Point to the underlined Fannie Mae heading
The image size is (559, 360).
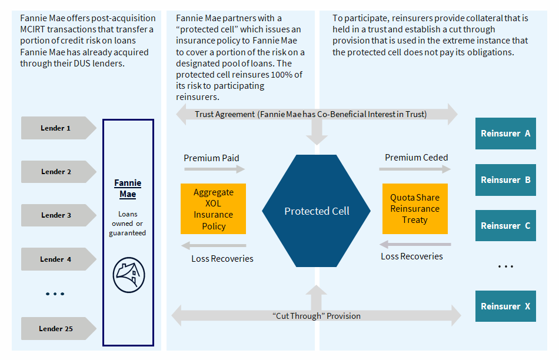coord(128,189)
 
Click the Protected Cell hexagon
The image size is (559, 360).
coord(317,211)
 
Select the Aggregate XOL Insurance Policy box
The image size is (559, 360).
coord(213,209)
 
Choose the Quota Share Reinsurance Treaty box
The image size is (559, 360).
coord(414,209)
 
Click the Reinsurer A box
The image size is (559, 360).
coord(505,134)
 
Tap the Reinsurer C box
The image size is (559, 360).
coord(505,226)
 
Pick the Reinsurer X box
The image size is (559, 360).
coord(505,306)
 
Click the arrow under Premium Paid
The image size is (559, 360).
coord(214,169)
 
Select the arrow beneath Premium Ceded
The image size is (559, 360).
coord(415,169)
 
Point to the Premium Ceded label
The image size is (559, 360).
coord(416,158)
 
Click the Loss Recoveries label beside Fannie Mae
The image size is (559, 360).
coord(222,258)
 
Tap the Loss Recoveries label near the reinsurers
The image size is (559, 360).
coord(412,256)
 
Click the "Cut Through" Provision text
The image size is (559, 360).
coord(317,316)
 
